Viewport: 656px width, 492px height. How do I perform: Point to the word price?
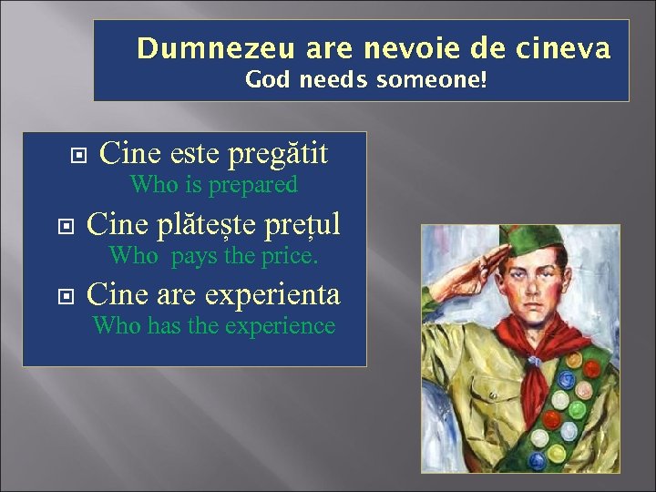(289, 256)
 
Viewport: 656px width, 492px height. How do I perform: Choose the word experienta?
(272, 294)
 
